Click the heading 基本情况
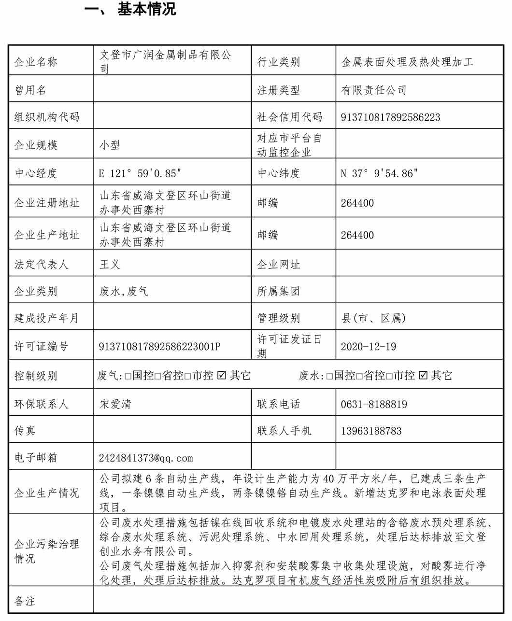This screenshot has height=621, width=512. point(146,9)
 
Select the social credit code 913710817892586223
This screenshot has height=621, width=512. point(390,117)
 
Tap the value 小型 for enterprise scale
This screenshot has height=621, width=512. point(110,145)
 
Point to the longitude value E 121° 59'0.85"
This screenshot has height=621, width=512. point(141,173)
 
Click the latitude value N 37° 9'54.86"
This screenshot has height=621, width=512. point(379,173)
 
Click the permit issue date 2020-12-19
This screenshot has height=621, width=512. point(368,346)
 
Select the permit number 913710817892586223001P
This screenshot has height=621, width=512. point(159,346)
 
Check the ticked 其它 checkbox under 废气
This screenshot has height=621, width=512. point(223,375)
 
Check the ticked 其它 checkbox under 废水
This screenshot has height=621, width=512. point(424,375)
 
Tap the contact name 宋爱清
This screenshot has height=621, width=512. point(115,404)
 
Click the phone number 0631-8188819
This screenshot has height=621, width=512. point(373,404)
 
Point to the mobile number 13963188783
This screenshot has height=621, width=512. point(371,431)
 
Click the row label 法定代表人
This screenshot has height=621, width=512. point(41,264)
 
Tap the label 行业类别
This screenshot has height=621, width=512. point(278,62)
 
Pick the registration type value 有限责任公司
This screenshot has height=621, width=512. point(374,90)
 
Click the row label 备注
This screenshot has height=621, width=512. point(25,601)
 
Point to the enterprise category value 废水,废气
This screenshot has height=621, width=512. point(124,291)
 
